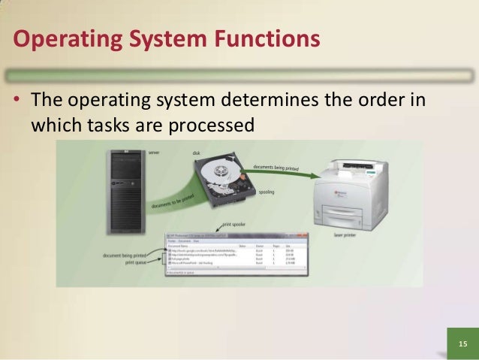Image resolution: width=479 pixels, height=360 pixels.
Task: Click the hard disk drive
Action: point(225,181)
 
